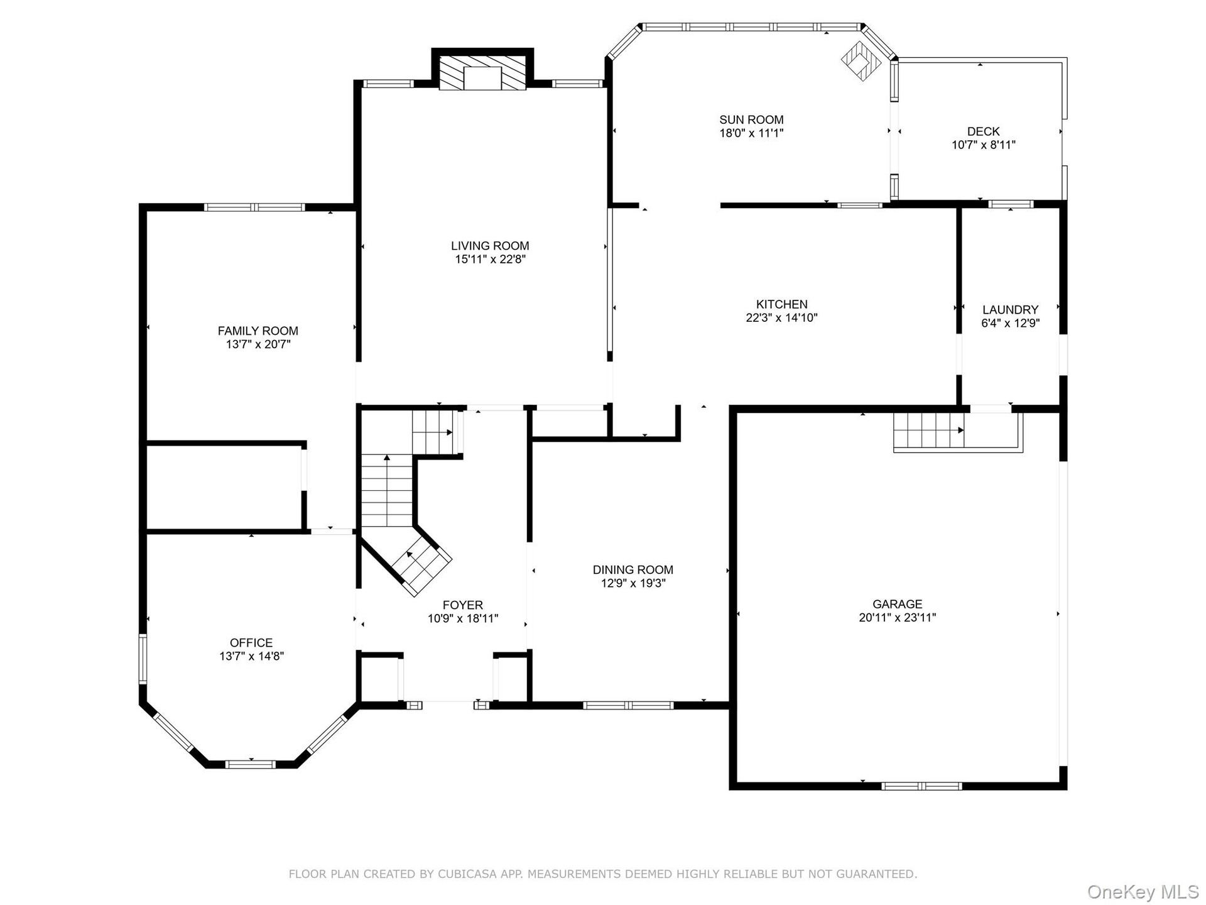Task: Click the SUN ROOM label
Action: (x=751, y=119)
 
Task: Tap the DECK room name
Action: (x=983, y=131)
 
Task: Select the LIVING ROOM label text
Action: (x=490, y=246)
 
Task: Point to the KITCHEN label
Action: (x=781, y=304)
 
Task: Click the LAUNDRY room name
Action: (x=1010, y=310)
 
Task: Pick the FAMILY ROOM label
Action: (x=258, y=331)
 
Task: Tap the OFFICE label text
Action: (x=251, y=642)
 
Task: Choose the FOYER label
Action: (x=463, y=605)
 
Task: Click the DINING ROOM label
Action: (x=633, y=569)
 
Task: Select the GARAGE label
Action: (x=897, y=604)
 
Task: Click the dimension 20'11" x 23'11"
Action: (x=897, y=617)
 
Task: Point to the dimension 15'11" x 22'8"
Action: (x=490, y=259)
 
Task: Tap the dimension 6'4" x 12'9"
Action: (x=1010, y=323)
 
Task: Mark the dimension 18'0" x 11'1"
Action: (x=751, y=133)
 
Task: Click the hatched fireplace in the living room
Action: (x=482, y=73)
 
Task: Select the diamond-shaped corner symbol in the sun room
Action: (x=861, y=61)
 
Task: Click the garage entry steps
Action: (x=928, y=430)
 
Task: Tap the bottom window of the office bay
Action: (x=251, y=764)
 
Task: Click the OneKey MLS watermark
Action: (x=1143, y=892)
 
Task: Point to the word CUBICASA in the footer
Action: (x=466, y=874)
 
